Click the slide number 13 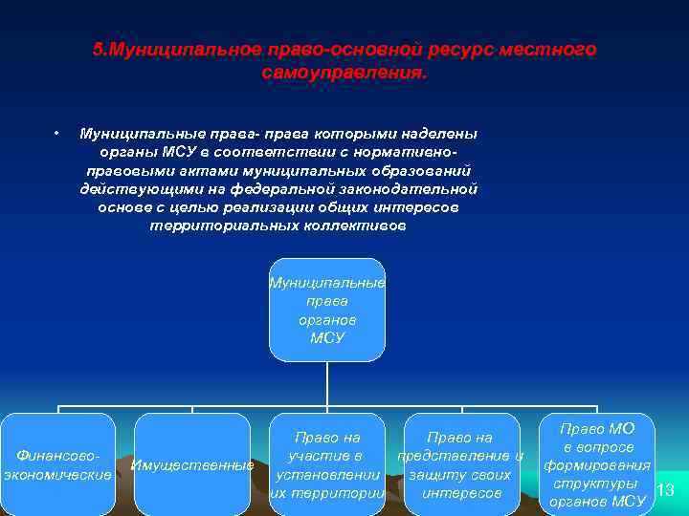667,490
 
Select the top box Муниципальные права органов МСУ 327,311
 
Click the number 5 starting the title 97,49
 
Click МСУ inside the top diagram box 327,338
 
